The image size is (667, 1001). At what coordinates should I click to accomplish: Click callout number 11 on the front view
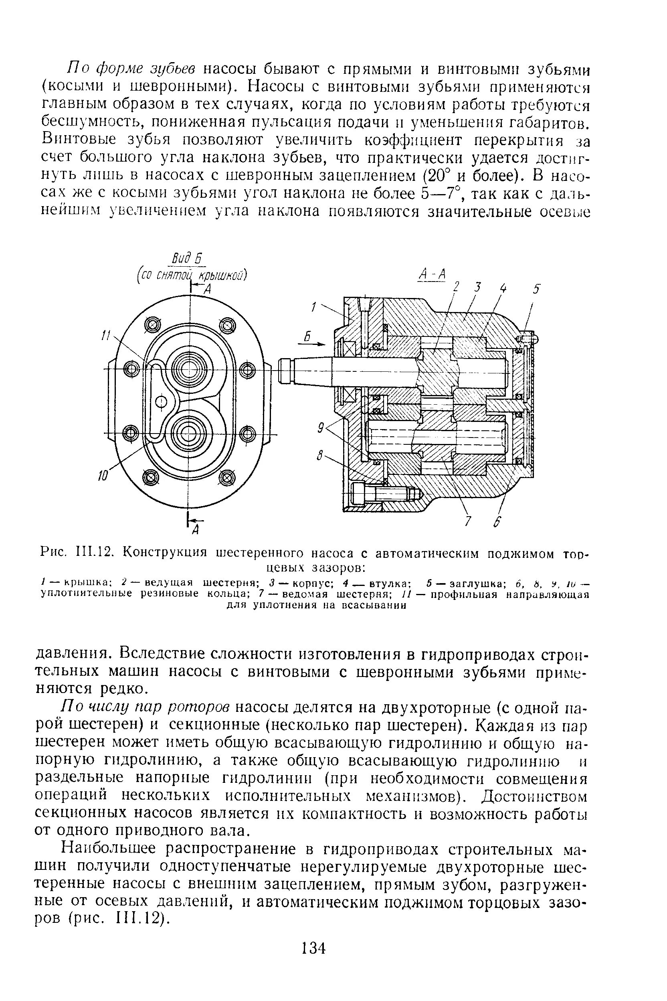point(104,336)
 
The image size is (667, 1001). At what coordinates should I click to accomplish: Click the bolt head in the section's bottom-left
point(358,494)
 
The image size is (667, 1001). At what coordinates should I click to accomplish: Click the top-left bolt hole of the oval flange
point(152,325)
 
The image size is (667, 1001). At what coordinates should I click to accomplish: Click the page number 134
point(313,948)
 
